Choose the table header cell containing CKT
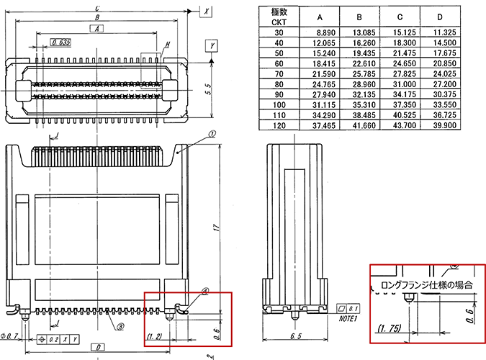(279, 22)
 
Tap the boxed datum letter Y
(212, 45)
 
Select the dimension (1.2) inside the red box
(154, 336)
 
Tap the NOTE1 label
(348, 318)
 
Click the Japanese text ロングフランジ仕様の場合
(426, 285)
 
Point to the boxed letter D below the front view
(96, 348)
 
